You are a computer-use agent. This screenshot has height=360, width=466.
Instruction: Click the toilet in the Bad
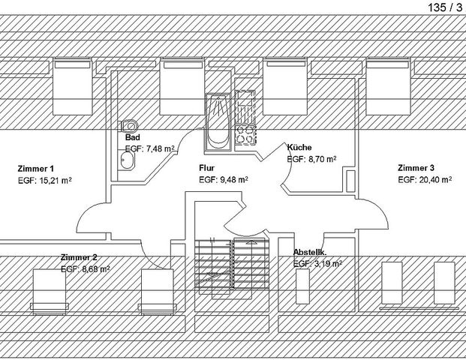point(128,126)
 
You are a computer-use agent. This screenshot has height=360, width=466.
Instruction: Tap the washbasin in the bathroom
point(127,160)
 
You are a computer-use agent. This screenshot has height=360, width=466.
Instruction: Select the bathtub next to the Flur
point(218,122)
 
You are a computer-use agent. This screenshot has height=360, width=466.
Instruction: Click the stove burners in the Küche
point(245,134)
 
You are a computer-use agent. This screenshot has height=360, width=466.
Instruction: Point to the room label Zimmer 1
point(36,169)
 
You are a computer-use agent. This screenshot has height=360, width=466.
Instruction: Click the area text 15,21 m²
point(56,180)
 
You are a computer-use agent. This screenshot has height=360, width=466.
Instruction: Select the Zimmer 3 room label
point(416,168)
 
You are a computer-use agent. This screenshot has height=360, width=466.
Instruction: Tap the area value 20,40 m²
point(435,180)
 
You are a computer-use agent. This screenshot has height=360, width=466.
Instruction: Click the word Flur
point(207,168)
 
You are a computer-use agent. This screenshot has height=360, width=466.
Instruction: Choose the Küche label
point(299,147)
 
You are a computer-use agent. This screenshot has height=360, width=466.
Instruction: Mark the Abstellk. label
point(310,253)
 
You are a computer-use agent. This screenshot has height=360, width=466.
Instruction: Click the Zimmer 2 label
point(79,257)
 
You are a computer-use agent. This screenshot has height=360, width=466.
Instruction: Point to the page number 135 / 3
point(445,7)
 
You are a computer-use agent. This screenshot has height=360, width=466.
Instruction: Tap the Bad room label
point(133,137)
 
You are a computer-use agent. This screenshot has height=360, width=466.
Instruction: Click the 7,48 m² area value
point(160,148)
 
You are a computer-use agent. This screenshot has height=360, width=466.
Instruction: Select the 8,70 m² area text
point(322,159)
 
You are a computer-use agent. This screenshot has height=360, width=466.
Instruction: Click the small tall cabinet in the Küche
point(350,181)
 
